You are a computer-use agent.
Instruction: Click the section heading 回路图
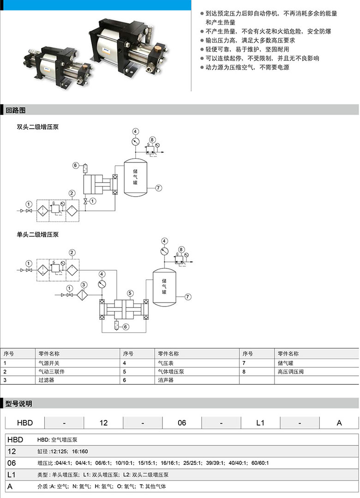(16, 110)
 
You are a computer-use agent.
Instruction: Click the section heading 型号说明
(19, 404)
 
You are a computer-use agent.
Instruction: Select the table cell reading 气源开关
(49, 363)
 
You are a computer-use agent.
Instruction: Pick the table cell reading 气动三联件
(52, 372)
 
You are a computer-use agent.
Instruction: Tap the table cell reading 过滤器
(47, 380)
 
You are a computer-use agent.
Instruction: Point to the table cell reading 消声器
(166, 380)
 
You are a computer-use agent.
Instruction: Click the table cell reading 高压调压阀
(291, 372)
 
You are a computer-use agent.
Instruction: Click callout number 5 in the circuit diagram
(130, 294)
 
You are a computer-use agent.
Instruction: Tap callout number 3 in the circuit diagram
(84, 285)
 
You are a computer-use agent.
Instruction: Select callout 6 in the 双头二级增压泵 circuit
(75, 166)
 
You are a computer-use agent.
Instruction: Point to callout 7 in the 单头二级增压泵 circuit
(188, 297)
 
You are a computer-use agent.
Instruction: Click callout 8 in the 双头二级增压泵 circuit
(152, 140)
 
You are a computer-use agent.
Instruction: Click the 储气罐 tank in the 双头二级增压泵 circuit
(135, 177)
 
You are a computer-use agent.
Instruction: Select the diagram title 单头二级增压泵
(38, 235)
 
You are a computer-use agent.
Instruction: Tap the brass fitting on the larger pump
(157, 50)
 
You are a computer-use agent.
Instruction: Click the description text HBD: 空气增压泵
(57, 440)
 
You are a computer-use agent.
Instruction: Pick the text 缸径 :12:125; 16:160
(63, 451)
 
